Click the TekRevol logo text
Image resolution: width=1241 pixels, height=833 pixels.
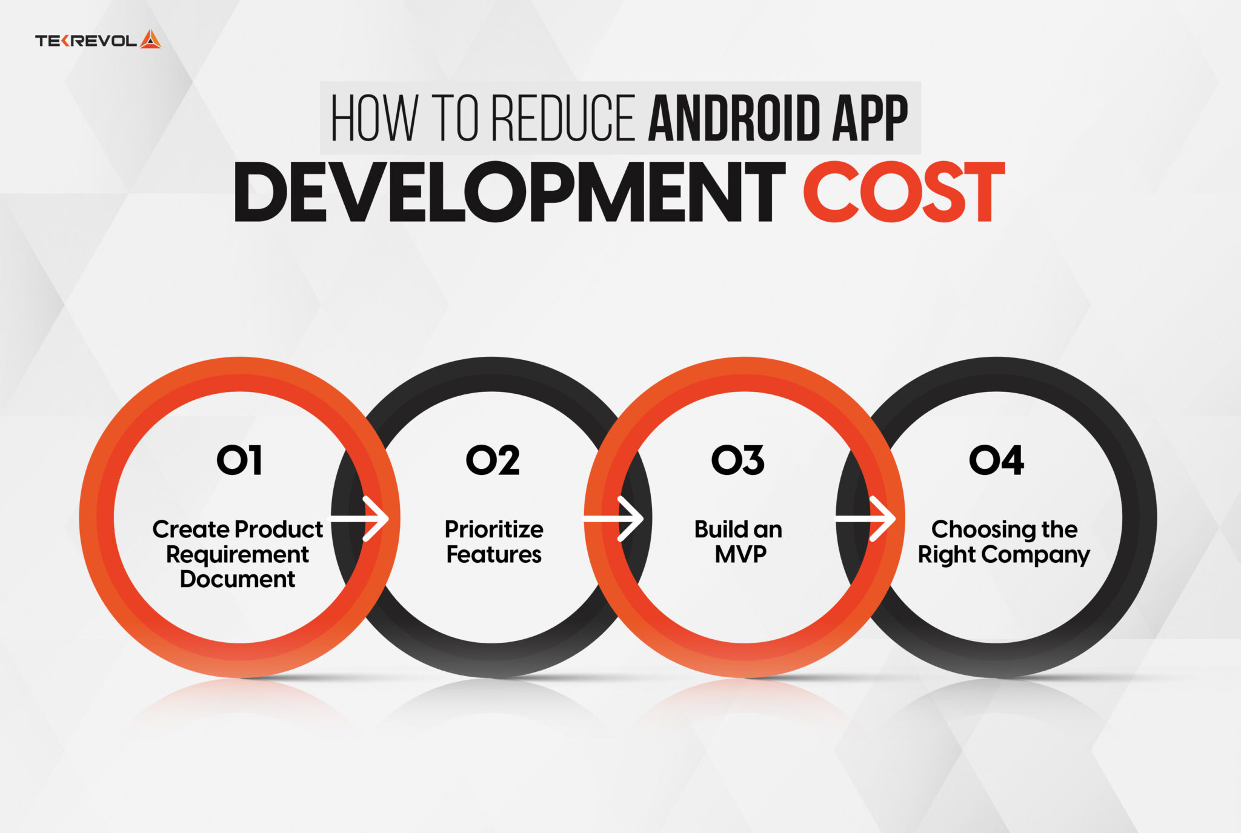click(x=85, y=41)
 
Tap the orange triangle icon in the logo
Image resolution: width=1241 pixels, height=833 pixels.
click(x=150, y=39)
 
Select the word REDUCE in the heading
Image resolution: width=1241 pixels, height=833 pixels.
click(x=563, y=118)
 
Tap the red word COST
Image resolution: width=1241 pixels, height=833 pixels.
click(x=903, y=193)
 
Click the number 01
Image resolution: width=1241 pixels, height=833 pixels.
click(x=239, y=460)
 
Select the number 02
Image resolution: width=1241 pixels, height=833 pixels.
click(x=493, y=460)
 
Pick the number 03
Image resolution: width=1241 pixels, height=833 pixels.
click(x=738, y=460)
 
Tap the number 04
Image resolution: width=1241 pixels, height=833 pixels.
click(x=997, y=460)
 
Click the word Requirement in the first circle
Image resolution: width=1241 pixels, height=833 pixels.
click(x=238, y=554)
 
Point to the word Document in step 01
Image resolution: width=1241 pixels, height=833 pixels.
click(x=238, y=579)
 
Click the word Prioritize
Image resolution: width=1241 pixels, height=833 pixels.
click(x=494, y=529)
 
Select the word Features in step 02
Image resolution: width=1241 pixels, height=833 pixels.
click(x=494, y=554)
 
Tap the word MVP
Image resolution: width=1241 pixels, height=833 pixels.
click(x=740, y=554)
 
